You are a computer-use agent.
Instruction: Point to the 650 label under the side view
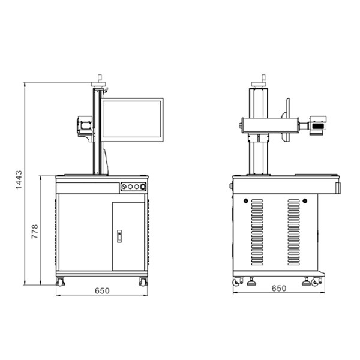[278, 288]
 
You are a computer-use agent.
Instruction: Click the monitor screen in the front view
[133, 121]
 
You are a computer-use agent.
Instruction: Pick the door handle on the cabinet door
[119, 236]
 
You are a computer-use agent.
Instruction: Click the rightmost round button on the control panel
[143, 187]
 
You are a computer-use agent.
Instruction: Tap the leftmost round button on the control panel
[124, 187]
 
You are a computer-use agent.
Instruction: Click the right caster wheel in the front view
[143, 281]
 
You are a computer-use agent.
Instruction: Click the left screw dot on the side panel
[245, 200]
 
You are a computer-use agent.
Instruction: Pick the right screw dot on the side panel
[305, 200]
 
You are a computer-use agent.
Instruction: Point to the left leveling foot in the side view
[250, 280]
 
